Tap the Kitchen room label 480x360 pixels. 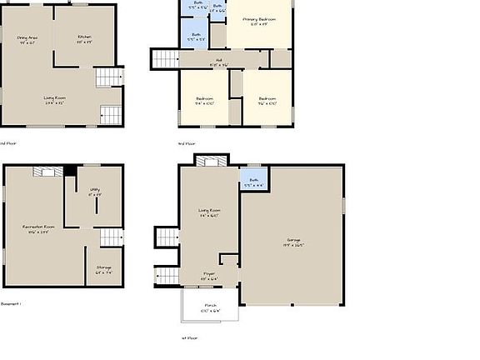(84, 38)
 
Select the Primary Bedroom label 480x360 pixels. (259, 21)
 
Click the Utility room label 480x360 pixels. (95, 192)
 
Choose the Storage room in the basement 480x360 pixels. (103, 270)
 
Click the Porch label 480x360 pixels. (209, 307)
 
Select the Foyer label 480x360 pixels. (208, 274)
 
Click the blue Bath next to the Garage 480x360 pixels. (253, 181)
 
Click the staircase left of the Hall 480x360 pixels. (165, 59)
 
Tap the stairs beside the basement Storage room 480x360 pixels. (111, 237)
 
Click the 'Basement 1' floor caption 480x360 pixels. (10, 303)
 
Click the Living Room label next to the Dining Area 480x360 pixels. (55, 99)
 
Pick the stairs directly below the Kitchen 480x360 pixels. (108, 78)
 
